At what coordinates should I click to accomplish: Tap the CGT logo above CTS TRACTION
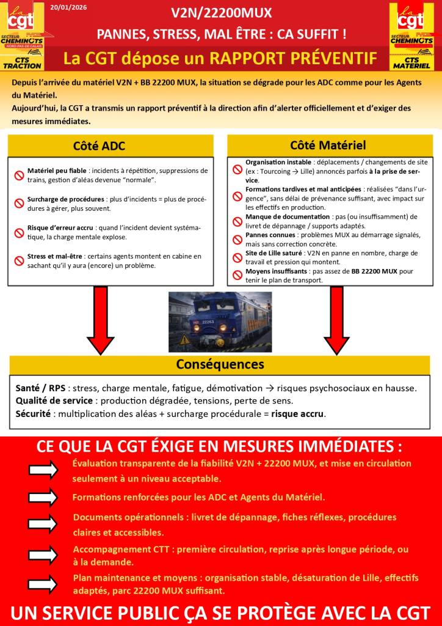22,20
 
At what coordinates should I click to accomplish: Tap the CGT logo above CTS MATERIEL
410,20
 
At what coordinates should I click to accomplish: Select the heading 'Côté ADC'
99,146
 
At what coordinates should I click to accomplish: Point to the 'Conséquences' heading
220,364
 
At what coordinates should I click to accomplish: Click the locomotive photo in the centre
220,322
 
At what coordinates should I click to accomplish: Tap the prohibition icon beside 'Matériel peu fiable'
19,175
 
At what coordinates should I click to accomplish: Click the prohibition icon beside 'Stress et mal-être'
19,261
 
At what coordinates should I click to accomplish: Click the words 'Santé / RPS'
40,388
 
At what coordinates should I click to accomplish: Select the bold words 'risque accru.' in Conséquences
299,414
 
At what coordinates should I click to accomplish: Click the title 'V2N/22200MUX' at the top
221,13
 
